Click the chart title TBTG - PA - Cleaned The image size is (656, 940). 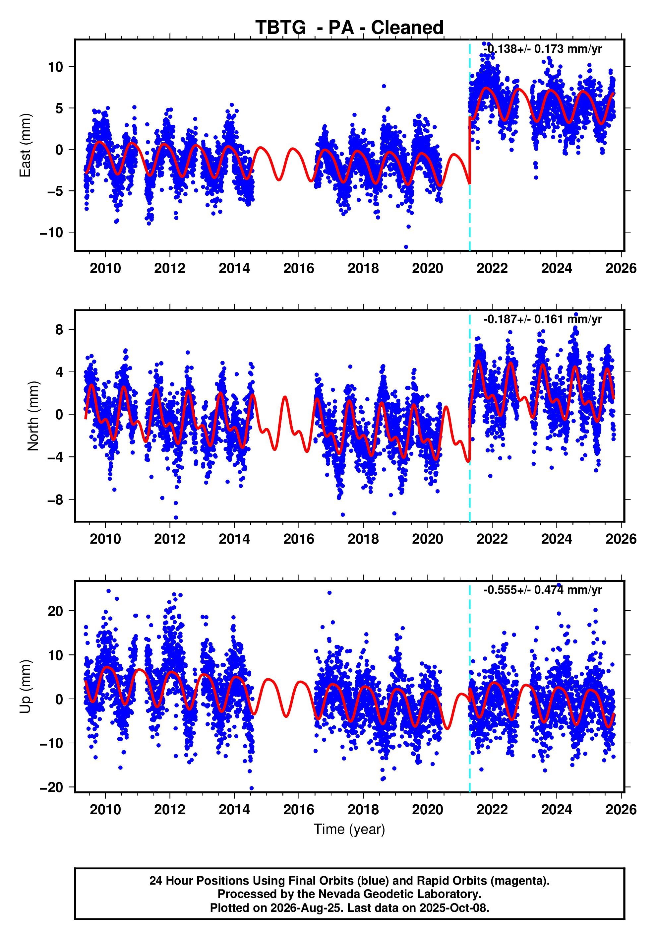tap(349, 28)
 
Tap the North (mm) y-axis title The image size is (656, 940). tap(33, 416)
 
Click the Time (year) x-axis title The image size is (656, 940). tap(349, 829)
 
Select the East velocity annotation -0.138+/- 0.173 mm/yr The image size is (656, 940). tap(542, 49)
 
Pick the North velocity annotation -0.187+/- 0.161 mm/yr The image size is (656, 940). tap(542, 319)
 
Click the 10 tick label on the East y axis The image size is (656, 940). tap(56, 67)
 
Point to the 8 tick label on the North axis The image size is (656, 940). tap(59, 329)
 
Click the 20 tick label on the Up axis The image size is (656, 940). tap(56, 611)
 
